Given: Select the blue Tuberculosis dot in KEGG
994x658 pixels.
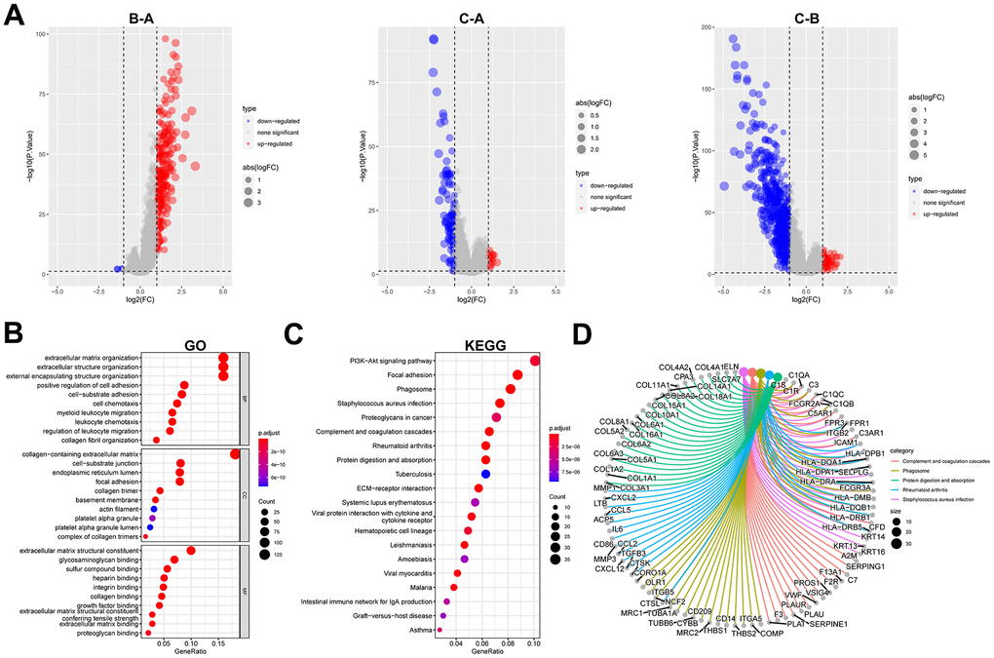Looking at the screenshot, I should pyautogui.click(x=485, y=473).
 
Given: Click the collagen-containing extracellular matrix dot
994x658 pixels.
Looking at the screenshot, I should pyautogui.click(x=234, y=453).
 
